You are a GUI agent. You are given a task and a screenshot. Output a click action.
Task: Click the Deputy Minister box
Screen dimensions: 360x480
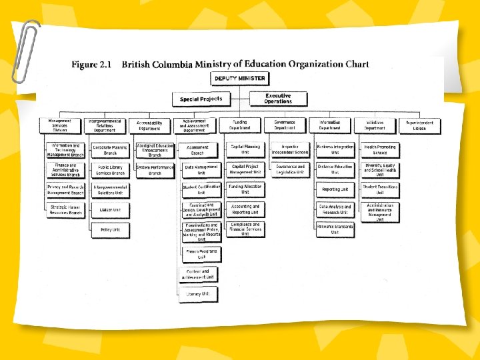tap(239, 79)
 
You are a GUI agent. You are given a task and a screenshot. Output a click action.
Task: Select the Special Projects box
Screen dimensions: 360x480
tap(201, 99)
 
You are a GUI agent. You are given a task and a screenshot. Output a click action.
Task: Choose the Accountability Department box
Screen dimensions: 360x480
tap(149, 125)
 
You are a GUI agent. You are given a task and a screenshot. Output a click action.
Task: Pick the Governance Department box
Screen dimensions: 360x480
tap(285, 125)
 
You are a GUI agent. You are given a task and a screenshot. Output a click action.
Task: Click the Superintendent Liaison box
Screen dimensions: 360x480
tap(420, 125)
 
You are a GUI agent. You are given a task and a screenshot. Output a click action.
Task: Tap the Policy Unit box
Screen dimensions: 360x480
tap(111, 229)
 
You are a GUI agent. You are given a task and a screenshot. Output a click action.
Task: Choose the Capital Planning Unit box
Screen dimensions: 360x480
tap(245, 149)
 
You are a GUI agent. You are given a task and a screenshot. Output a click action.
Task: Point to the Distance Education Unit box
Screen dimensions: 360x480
tap(335, 169)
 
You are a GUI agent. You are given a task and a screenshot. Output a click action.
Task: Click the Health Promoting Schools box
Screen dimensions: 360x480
tap(380, 149)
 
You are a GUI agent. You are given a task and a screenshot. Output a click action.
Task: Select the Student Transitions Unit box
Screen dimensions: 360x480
tap(380, 189)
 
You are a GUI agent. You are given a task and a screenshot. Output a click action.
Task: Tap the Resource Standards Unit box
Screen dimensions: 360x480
tap(335, 229)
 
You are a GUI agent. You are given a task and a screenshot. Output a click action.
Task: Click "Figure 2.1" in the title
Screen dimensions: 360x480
tap(91, 65)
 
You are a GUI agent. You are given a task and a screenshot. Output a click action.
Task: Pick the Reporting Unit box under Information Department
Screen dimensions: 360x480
tap(335, 189)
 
